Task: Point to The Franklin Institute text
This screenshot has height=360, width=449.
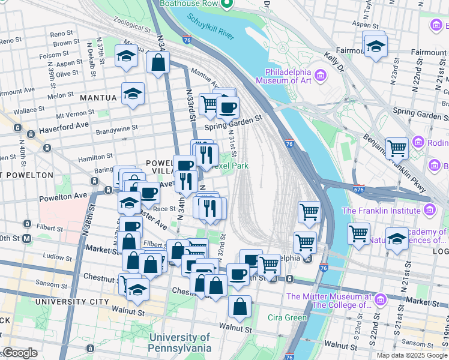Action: coord(381,211)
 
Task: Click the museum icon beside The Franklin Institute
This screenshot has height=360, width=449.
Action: coord(429,211)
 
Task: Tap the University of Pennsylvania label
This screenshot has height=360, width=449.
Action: coord(180,343)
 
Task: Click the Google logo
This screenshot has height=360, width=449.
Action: coord(19,353)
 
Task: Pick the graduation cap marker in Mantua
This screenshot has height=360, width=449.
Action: coord(133,94)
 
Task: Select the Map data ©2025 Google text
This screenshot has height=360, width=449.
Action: coord(412,355)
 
